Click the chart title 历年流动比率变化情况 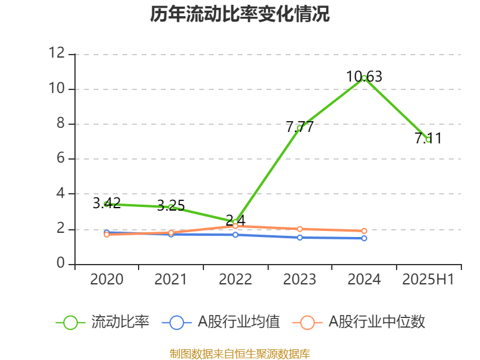coord(239,14)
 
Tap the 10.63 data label coord(364,77)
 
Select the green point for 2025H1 coord(428,140)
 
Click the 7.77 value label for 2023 coord(299,127)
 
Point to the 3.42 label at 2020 coord(107,203)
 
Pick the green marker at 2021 coord(171,207)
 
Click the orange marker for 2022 coord(235,226)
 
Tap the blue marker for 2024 coord(364,238)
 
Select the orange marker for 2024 coord(364,231)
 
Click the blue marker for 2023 coord(299,238)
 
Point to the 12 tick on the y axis coord(57,53)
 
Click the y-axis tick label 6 coord(61,158)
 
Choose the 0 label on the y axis coord(61,263)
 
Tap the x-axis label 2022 coord(235,279)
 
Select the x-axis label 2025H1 coord(428,279)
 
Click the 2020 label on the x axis coord(107,279)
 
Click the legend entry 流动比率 coord(103,322)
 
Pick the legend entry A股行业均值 coord(221,322)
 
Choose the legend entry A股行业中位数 coord(359,322)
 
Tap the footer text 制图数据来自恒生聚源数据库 coord(240,354)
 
